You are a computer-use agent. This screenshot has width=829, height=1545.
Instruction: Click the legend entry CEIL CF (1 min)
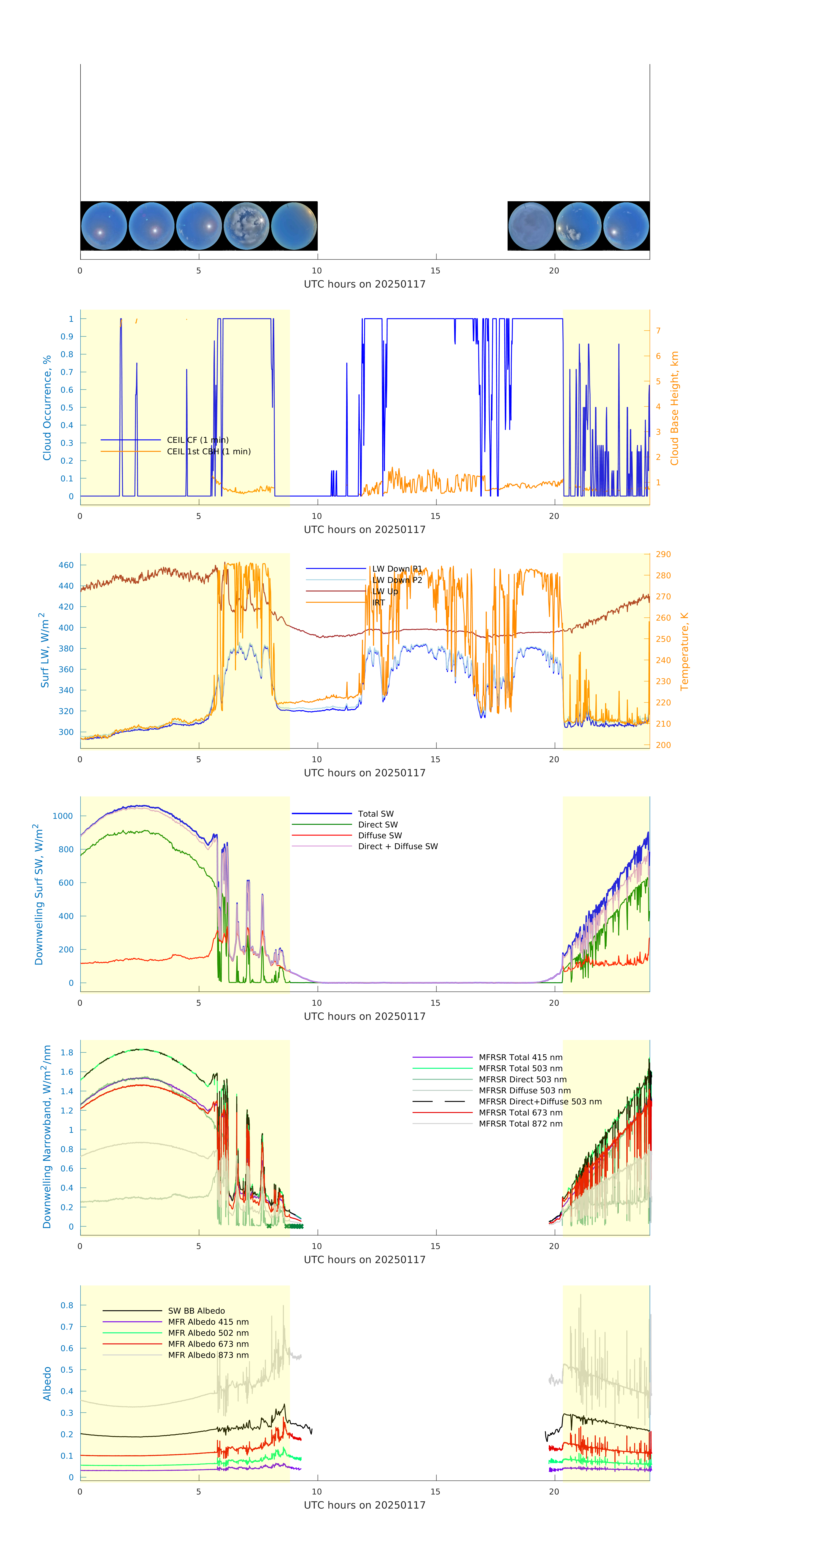[x=197, y=440]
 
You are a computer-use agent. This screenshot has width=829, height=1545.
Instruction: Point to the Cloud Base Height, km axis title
[x=674, y=408]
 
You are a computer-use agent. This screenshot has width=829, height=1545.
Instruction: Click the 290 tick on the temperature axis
[x=663, y=554]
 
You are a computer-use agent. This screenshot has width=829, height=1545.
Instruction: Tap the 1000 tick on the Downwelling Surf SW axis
[x=63, y=816]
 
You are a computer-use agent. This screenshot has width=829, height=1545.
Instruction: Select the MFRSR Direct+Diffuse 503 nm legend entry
[x=539, y=1101]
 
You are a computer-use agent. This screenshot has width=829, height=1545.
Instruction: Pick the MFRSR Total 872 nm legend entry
[x=520, y=1123]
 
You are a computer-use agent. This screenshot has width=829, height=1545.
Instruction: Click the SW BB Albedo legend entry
[x=196, y=1311]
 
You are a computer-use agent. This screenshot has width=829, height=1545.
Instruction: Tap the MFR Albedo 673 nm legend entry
[x=208, y=1344]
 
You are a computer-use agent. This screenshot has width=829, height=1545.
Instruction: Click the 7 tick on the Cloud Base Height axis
[x=658, y=330]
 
